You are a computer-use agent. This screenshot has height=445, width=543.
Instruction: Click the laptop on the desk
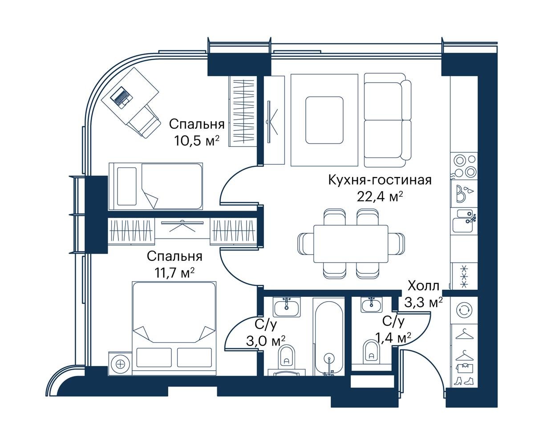[x=122, y=96]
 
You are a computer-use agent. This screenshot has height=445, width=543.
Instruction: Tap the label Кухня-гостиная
[x=380, y=180]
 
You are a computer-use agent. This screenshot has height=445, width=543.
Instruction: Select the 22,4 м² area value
[x=380, y=197]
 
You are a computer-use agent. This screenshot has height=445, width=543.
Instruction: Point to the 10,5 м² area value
[x=197, y=141]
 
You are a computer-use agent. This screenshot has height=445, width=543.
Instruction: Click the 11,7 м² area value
[x=174, y=273]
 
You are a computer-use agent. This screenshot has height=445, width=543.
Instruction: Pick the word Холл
[x=424, y=286]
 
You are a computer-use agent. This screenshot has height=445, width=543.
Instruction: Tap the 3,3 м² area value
[x=424, y=303]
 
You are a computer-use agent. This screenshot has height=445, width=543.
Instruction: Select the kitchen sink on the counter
[x=464, y=221]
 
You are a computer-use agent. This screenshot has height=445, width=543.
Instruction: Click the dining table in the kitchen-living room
[x=351, y=244]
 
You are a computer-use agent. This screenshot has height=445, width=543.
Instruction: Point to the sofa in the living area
[x=388, y=120]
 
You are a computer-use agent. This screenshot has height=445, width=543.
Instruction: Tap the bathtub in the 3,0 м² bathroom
[x=329, y=337]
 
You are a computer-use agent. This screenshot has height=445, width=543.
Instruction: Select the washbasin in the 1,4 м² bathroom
[x=371, y=305]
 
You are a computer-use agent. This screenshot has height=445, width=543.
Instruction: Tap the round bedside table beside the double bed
[x=120, y=364]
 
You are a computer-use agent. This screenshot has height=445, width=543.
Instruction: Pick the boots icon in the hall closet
[x=464, y=380]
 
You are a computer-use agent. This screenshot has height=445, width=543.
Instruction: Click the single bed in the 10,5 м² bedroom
[x=155, y=186]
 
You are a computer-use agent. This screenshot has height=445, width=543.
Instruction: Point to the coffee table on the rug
[x=324, y=120]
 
